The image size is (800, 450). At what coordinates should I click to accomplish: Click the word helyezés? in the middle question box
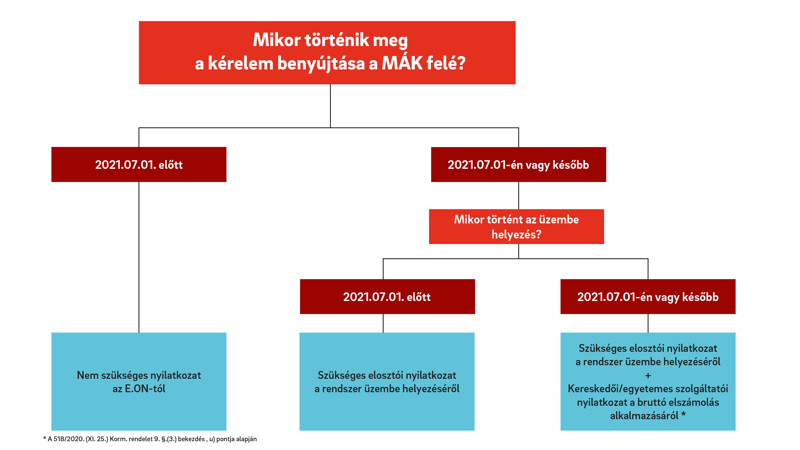[x=516, y=234]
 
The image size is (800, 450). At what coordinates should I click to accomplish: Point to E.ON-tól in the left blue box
[x=145, y=389]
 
